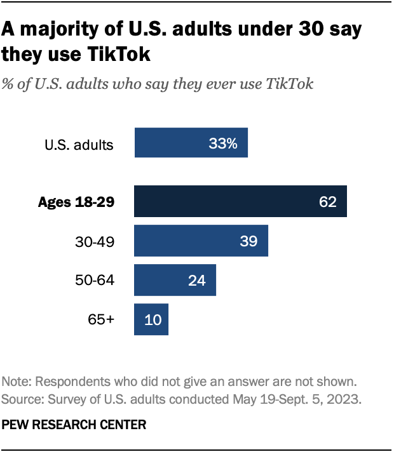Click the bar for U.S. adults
[191, 142]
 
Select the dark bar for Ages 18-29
[240, 201]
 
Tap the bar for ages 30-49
[201, 241]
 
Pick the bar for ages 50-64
[175, 280]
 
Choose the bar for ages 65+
[151, 319]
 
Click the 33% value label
[223, 143]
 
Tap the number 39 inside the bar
[250, 241]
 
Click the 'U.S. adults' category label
[79, 145]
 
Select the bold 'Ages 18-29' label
[76, 203]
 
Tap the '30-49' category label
[94, 241]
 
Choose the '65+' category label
[101, 319]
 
